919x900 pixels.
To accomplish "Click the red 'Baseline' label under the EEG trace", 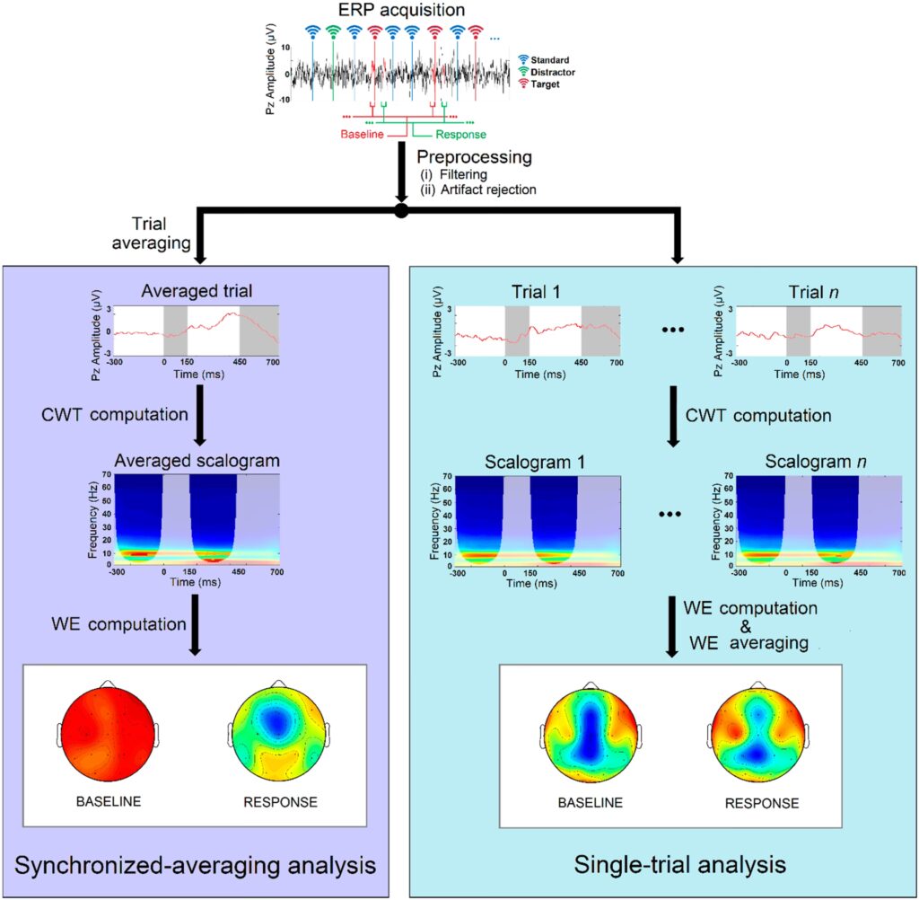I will click(363, 135).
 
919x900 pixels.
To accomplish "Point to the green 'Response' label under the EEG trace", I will click(460, 135).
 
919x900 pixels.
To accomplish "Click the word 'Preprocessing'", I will click(474, 157).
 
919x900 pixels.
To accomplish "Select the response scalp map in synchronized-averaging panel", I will click(280, 736).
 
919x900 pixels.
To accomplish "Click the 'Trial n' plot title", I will click(796, 291).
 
